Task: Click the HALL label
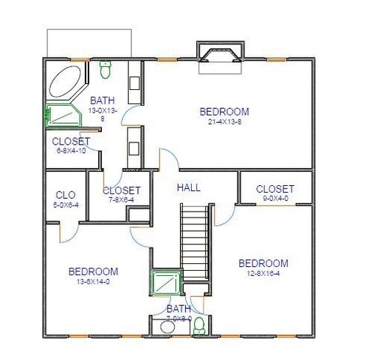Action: click(188, 187)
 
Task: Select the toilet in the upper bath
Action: click(106, 70)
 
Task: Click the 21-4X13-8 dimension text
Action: click(224, 121)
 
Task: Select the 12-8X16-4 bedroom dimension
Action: click(263, 274)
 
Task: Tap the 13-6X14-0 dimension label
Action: click(93, 282)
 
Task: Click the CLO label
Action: click(65, 196)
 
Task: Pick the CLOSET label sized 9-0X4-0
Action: click(275, 189)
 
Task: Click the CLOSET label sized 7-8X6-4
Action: click(121, 190)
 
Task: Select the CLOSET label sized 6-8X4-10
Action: click(71, 141)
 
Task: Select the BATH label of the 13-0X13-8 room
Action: click(102, 100)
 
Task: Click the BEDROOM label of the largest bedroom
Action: click(224, 112)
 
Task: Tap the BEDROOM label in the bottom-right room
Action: click(263, 263)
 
